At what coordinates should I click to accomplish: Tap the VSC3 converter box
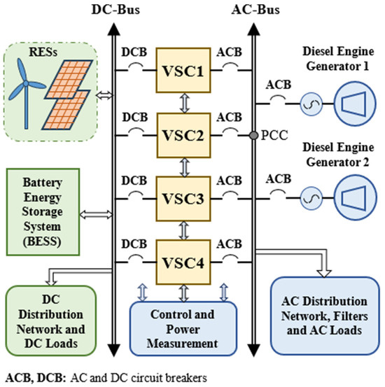[x=183, y=196]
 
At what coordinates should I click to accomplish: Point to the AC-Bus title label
[x=251, y=10]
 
